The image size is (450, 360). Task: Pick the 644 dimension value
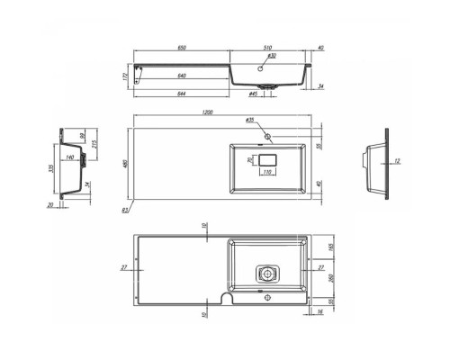tap(183, 93)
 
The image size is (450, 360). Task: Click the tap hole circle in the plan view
tap(268, 137)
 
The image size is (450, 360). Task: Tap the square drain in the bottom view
tap(266, 272)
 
